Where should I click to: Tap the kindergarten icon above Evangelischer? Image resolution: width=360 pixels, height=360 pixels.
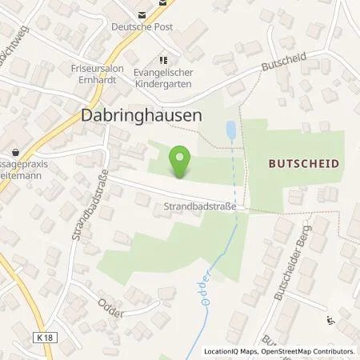tap(165, 59)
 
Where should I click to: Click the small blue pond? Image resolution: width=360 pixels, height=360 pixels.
tap(231, 127)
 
